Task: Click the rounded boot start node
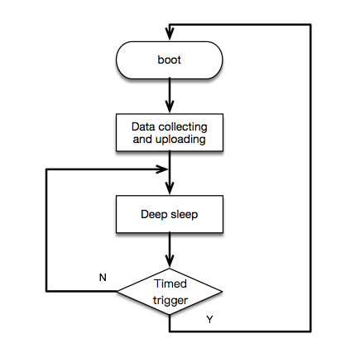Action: (x=170, y=60)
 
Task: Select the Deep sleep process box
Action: (x=170, y=214)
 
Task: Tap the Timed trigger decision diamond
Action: (x=170, y=291)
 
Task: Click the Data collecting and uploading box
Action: (x=170, y=134)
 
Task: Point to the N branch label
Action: (x=103, y=278)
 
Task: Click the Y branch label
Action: (x=209, y=319)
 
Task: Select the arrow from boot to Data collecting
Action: (x=170, y=95)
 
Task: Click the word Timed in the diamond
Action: (x=170, y=283)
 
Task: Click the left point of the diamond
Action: (x=118, y=291)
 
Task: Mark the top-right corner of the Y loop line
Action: (x=310, y=25)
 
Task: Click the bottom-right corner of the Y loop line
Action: (x=310, y=331)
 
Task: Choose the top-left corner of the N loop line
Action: (x=46, y=169)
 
